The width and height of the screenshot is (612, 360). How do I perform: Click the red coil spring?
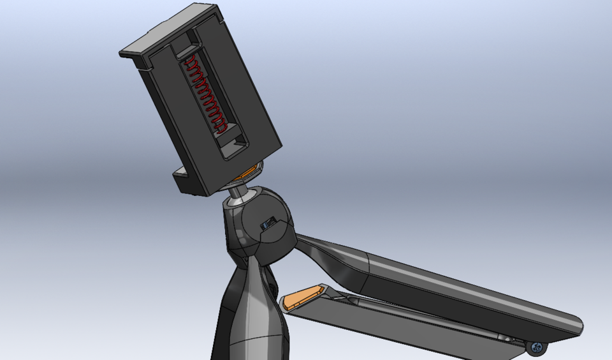point(205,93)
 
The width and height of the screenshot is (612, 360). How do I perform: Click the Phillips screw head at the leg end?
point(537,347)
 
